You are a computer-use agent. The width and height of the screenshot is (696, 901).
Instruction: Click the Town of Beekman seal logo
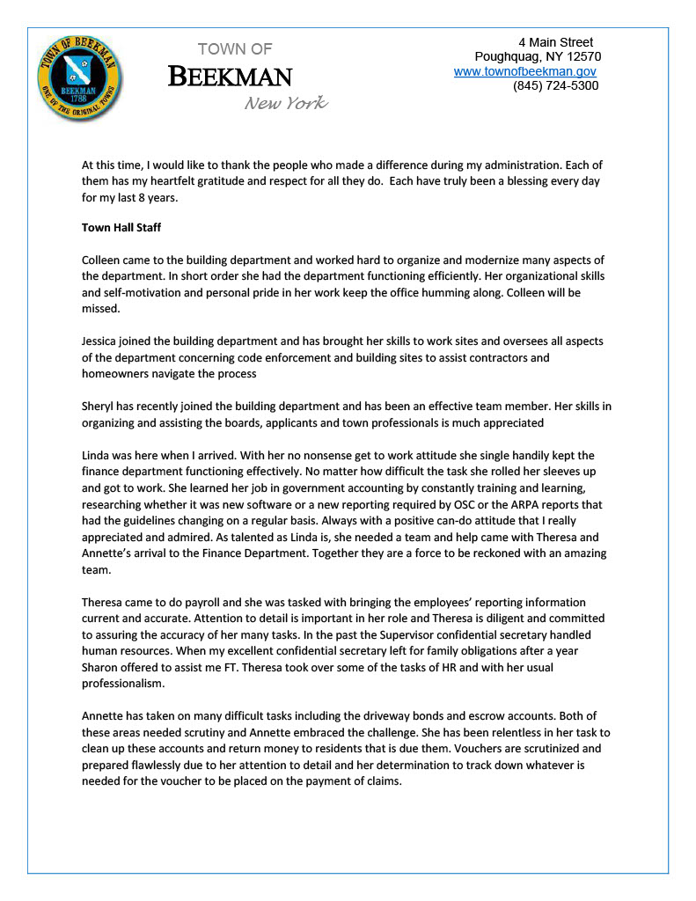click(x=80, y=73)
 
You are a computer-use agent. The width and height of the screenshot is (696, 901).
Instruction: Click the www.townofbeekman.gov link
click(x=525, y=71)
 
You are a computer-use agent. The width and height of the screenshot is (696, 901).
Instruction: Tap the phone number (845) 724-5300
click(x=555, y=86)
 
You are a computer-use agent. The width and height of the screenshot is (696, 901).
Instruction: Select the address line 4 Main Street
click(x=555, y=42)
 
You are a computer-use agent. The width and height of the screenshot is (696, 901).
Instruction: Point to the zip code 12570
click(x=582, y=56)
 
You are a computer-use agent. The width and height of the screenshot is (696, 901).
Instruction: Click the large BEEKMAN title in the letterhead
click(x=230, y=77)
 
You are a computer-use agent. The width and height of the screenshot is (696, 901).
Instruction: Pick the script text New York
click(x=286, y=104)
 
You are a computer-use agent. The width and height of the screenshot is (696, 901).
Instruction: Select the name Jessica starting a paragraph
click(x=101, y=341)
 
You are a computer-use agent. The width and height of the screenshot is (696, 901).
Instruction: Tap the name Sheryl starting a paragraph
click(x=100, y=407)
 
